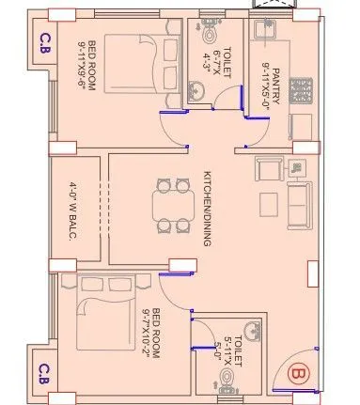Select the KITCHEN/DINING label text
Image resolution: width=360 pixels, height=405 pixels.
(207, 209)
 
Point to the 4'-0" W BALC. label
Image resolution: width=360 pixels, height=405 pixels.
(71, 219)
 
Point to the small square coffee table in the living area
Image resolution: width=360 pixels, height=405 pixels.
(269, 202)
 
